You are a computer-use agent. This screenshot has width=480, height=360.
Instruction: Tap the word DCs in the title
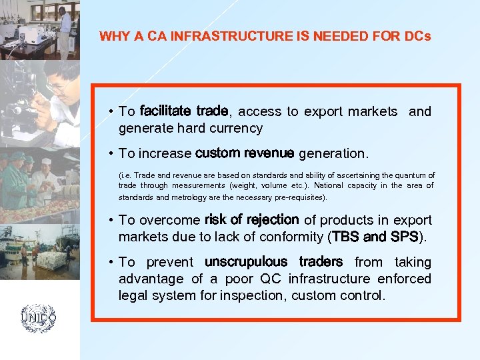coord(417,36)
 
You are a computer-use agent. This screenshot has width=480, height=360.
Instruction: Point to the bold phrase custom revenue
coord(245,153)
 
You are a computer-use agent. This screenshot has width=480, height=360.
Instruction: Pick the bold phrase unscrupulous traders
coord(274,262)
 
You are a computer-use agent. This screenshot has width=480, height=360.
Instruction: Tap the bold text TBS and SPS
coord(375,237)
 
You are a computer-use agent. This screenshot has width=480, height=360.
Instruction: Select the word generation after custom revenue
coord(333,154)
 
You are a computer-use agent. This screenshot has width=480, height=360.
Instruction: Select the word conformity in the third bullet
coord(292,237)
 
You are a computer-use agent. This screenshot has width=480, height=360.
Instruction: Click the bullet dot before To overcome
coord(111,220)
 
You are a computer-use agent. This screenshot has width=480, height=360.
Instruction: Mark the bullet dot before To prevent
coord(111,262)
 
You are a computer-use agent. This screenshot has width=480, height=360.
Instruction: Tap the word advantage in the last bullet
coord(151,279)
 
